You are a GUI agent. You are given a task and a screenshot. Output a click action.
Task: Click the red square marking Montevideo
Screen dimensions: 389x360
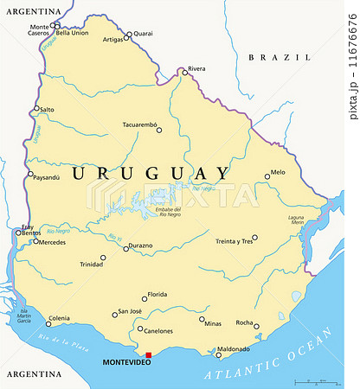[x=148, y=354]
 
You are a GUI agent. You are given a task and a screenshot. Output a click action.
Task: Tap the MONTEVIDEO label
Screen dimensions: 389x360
[x=126, y=362]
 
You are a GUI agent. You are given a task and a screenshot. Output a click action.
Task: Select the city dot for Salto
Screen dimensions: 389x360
[x=36, y=109]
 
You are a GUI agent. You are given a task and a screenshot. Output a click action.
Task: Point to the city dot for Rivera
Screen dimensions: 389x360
[x=183, y=72]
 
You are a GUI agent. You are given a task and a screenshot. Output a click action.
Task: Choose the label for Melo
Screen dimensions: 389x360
[x=278, y=172]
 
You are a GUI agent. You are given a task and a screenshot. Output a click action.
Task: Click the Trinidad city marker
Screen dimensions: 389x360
[x=103, y=257]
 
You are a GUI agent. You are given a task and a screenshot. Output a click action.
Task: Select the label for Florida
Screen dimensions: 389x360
[x=156, y=295]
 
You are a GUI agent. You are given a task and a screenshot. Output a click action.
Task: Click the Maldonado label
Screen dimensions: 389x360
[x=233, y=349]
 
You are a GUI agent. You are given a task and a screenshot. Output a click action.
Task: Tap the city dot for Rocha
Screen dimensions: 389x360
[x=255, y=327]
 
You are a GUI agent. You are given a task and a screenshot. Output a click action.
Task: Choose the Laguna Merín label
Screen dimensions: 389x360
[x=296, y=220]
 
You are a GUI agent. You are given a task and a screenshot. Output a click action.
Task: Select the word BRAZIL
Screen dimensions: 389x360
[x=268, y=57]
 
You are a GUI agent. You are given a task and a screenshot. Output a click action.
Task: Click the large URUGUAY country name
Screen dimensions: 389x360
[x=151, y=174]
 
